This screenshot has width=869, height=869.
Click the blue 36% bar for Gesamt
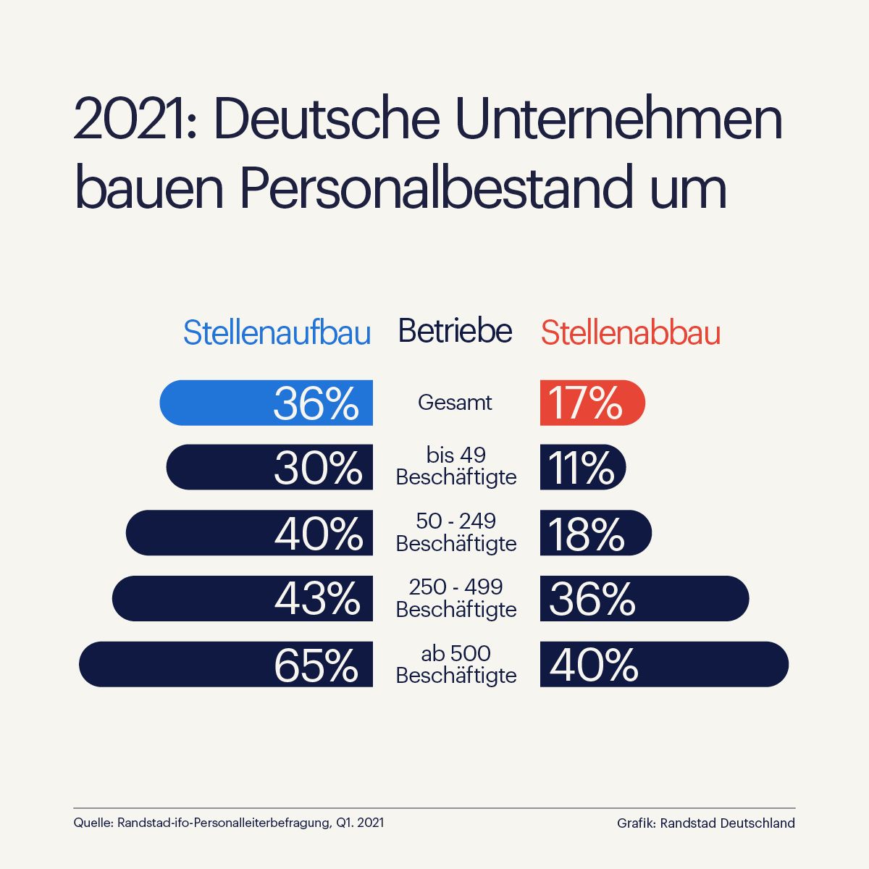tap(266, 403)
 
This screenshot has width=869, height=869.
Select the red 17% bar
tap(592, 403)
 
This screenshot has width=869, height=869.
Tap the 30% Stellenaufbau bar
tap(269, 467)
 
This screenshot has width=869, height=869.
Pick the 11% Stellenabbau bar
tap(583, 467)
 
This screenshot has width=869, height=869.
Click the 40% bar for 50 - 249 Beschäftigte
tap(250, 533)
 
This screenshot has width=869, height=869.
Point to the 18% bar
tap(595, 533)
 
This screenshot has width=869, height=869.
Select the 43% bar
tap(243, 599)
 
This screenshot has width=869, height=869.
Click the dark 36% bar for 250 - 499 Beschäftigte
tap(645, 599)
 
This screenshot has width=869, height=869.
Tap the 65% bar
tap(226, 664)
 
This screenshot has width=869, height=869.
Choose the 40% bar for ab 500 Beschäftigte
tap(664, 664)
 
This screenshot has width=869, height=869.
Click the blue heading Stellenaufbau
tap(277, 333)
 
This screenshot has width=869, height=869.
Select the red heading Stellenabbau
tap(630, 333)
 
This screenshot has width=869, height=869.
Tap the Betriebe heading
tap(455, 331)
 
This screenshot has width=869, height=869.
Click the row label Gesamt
tap(455, 403)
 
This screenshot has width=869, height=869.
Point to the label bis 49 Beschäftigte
tap(456, 466)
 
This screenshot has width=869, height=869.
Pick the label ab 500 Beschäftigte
tap(456, 664)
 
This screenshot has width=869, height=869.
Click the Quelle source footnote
tap(229, 823)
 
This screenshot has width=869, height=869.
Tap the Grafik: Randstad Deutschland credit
tap(705, 823)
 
